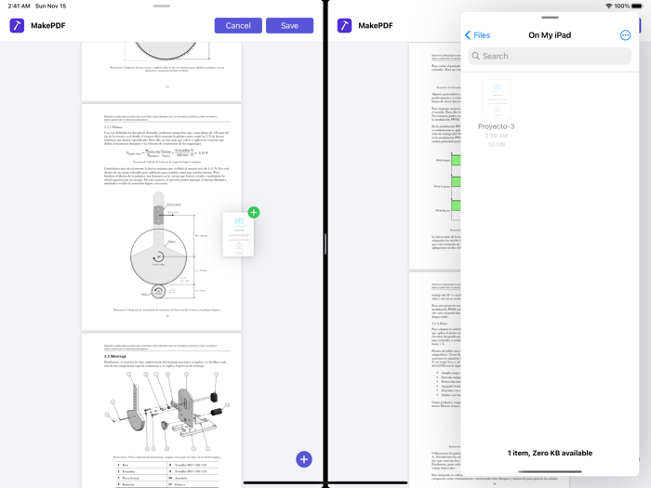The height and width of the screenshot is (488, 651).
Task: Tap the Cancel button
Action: tap(238, 25)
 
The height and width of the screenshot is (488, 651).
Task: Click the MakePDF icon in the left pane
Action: tap(17, 25)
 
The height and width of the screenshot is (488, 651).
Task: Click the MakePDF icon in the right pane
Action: tap(344, 25)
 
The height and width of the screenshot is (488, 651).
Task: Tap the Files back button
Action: tap(477, 35)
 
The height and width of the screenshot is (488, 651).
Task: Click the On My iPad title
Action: tap(550, 35)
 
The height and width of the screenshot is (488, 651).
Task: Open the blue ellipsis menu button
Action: tap(625, 35)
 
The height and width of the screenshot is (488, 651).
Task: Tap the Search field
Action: tap(550, 56)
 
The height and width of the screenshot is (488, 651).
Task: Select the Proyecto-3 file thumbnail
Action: tap(496, 99)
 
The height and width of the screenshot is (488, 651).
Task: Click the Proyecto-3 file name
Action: tap(496, 126)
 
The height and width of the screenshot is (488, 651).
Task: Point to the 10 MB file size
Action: tap(496, 144)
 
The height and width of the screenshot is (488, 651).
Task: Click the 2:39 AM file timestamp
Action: tap(496, 136)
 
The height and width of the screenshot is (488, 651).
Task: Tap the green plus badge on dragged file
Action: tap(253, 213)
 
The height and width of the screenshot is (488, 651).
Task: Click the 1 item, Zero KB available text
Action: tap(550, 453)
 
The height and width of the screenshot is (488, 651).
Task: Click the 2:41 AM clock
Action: tap(19, 6)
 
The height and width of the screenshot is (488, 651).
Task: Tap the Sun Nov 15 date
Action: tap(50, 6)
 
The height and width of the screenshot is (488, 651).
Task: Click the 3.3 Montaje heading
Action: tap(119, 356)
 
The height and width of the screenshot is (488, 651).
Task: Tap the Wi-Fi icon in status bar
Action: tap(608, 6)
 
